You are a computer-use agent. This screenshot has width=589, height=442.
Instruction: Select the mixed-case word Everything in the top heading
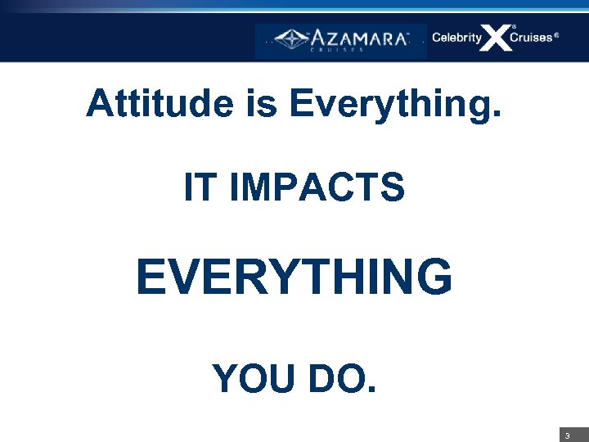point(389,105)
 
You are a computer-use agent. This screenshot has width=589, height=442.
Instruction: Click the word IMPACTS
point(318,188)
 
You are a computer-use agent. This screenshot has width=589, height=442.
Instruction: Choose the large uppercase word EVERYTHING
point(294,277)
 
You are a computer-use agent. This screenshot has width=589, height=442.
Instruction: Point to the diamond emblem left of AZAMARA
point(290,38)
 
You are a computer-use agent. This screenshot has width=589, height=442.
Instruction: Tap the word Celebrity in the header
point(456,38)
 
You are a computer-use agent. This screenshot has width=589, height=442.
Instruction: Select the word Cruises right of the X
point(530,38)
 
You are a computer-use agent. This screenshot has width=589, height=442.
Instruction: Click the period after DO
point(372,390)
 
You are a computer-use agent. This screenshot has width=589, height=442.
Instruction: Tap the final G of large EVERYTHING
point(434,277)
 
